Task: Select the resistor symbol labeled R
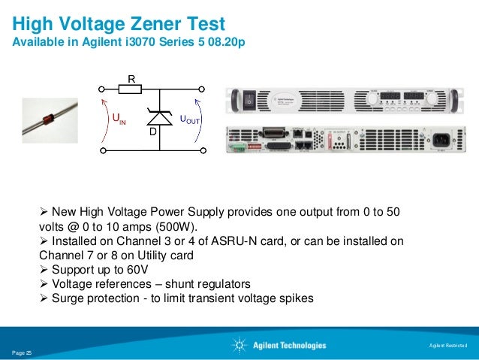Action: click(131, 89)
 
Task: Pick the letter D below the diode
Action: click(152, 132)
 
